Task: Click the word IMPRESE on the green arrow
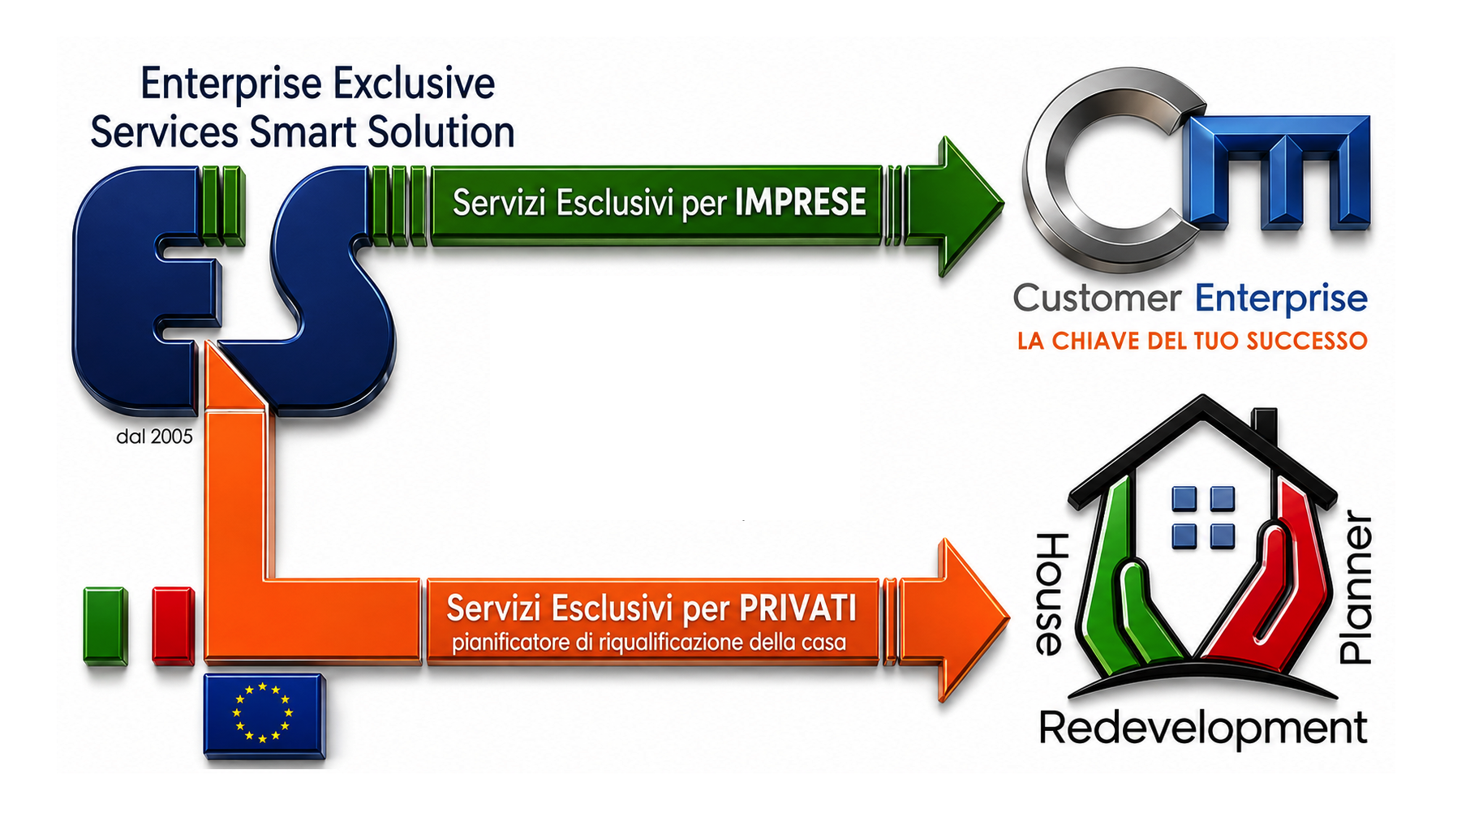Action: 800,202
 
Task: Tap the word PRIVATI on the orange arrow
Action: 797,608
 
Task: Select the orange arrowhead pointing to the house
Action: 957,620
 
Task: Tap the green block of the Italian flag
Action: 105,626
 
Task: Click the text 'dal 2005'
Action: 154,437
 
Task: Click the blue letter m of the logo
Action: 1277,170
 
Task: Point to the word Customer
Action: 1097,299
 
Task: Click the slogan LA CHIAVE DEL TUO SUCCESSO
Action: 1193,341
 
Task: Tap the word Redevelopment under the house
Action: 1203,728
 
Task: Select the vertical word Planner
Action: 1356,587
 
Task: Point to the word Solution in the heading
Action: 441,132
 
